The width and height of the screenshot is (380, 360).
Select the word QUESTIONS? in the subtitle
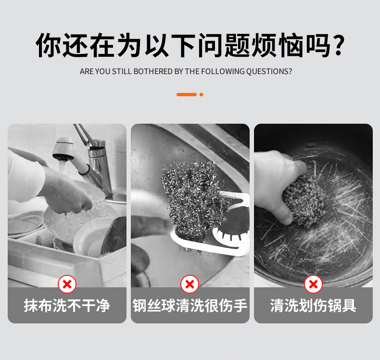(269, 72)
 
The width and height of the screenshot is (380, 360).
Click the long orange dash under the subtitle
(186, 94)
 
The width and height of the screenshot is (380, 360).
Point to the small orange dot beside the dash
(201, 94)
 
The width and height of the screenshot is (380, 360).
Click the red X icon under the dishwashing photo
(67, 284)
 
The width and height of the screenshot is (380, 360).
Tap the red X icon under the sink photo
(190, 284)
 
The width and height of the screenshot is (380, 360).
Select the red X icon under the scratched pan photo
(313, 284)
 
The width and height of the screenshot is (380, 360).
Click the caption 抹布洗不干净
(67, 306)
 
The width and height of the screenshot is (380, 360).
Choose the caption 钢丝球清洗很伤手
(190, 306)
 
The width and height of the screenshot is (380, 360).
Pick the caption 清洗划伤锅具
(313, 306)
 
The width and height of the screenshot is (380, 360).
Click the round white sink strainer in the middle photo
(231, 227)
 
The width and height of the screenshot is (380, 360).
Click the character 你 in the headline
(48, 45)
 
